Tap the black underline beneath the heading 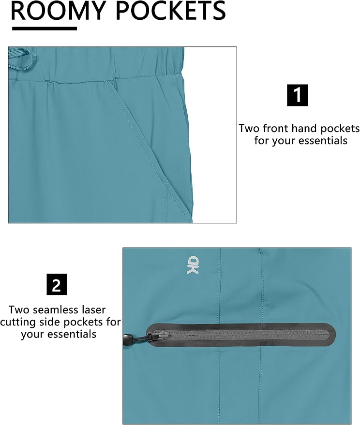click(45, 28)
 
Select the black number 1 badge click(298, 95)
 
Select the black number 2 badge click(57, 284)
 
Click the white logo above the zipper click(193, 264)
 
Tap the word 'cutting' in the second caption click(18, 322)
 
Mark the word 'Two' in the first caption click(249, 128)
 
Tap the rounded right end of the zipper click(332, 335)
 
